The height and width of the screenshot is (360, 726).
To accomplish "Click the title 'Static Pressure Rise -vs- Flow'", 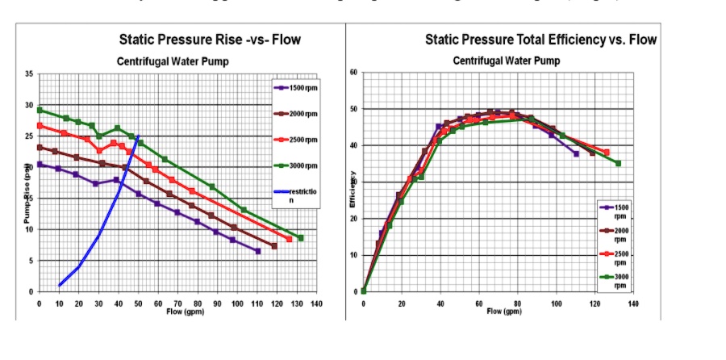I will pos(211,39).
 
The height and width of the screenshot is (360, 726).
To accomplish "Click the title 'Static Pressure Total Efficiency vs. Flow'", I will pos(540,40).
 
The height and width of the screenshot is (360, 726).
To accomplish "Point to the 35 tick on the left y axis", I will pos(28,74).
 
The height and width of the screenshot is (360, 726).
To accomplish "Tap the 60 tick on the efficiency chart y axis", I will pos(353,73).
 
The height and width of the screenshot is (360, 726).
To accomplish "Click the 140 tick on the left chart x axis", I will pos(316,303).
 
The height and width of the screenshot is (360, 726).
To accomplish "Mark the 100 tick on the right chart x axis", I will pos(556,303).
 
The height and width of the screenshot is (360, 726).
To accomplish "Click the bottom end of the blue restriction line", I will pos(60,285).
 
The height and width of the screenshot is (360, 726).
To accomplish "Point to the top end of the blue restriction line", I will pos(138,136).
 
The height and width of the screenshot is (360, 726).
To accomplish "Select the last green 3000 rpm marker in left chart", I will pos(300,238).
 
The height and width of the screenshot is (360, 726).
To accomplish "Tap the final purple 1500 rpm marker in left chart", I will pos(257,251).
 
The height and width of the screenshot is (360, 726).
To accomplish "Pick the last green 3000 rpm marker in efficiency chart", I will pos(618,163).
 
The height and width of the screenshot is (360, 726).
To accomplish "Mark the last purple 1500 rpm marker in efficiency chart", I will pos(576,153).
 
